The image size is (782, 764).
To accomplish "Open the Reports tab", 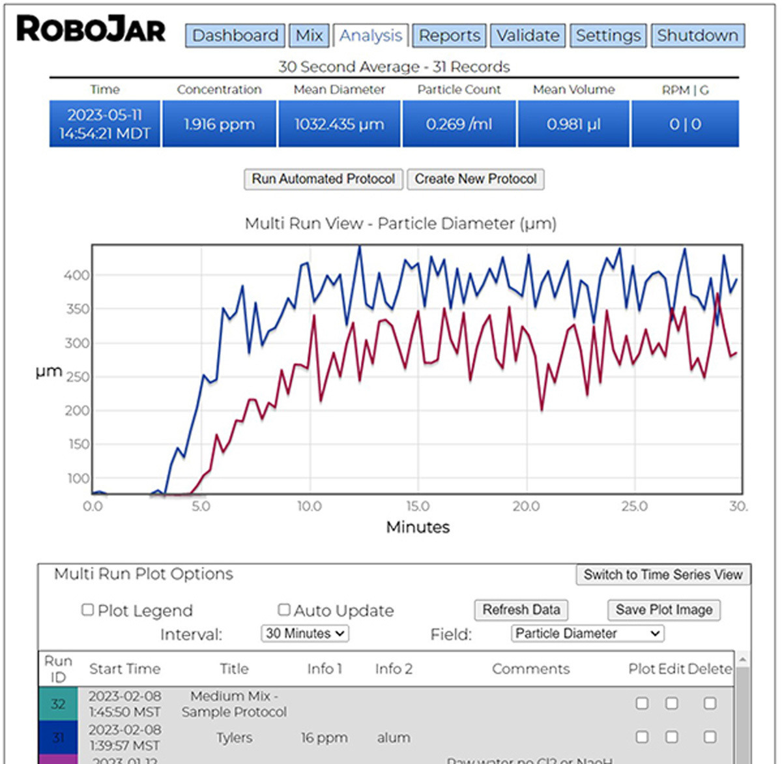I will click(450, 35).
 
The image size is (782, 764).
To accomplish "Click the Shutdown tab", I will click(697, 35).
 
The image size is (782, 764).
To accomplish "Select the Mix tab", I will click(309, 35).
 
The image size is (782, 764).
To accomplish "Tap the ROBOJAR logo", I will click(91, 30).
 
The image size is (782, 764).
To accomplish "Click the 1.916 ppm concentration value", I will click(219, 124).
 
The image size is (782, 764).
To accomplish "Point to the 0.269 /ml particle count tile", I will click(459, 124).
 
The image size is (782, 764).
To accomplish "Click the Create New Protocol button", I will click(476, 179).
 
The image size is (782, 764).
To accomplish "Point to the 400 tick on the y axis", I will click(76, 275).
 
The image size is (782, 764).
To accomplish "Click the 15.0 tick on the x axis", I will click(418, 506).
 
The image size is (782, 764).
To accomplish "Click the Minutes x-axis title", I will click(418, 527).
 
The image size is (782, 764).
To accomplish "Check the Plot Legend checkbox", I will click(87, 610).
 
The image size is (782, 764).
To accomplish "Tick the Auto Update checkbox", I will click(284, 610).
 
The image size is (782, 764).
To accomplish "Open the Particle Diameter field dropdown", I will click(587, 633).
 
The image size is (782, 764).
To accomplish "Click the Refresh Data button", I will click(521, 610).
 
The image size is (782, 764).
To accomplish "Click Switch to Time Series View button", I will click(663, 574).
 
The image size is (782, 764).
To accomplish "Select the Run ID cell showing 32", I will click(58, 704).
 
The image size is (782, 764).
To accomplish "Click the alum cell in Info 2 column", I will click(394, 737).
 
